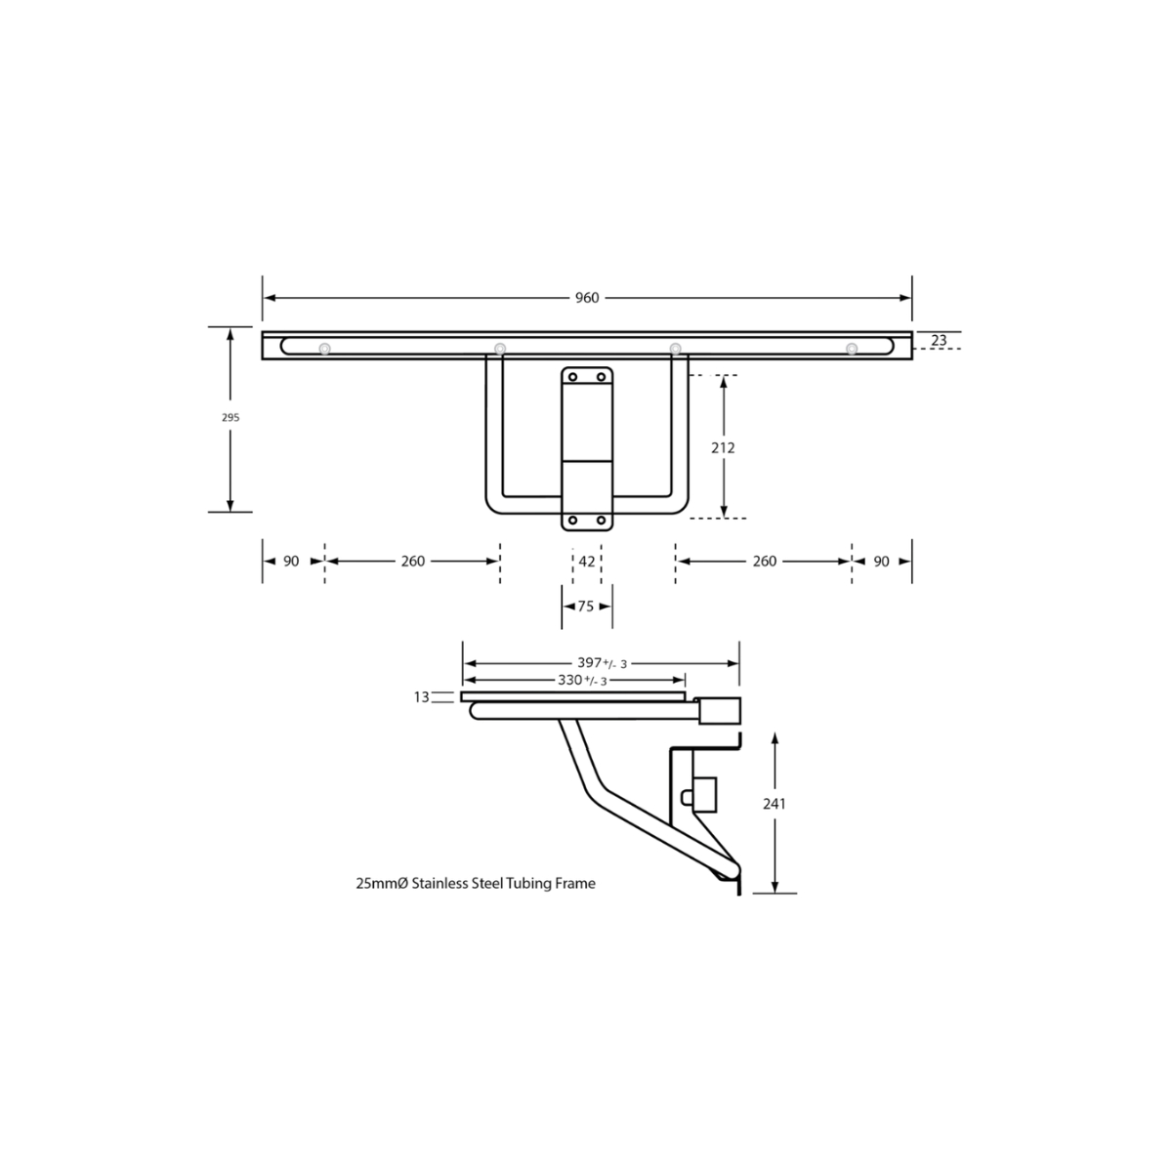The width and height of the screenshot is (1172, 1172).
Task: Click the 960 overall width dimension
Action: point(587,298)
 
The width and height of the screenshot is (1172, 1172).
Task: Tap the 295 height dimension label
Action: point(230,418)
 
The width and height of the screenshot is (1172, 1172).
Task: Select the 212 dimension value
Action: point(723,447)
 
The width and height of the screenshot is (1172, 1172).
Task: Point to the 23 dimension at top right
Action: point(939,341)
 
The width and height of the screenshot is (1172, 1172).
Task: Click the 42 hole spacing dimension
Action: point(587,562)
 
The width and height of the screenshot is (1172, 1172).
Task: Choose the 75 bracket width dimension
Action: point(586,607)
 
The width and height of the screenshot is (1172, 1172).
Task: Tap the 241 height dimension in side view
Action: point(774,804)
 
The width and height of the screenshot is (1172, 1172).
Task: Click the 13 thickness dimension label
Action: point(422,697)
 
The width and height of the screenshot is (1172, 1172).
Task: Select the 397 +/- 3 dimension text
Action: point(603,663)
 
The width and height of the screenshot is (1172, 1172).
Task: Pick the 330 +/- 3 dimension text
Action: point(583,681)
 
